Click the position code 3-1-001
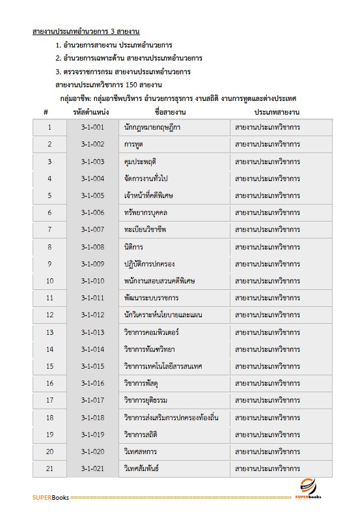pyautogui.click(x=93, y=127)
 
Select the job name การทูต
pyautogui.click(x=133, y=144)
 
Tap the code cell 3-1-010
pyautogui.click(x=93, y=281)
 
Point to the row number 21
pyautogui.click(x=49, y=468)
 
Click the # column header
pyautogui.click(x=46, y=112)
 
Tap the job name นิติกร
pyautogui.click(x=133, y=247)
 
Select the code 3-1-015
pyautogui.click(x=93, y=366)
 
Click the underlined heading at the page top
pyautogui.click(x=87, y=31)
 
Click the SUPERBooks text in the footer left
pyautogui.click(x=50, y=498)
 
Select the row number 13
pyautogui.click(x=49, y=332)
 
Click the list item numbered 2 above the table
pyautogui.click(x=128, y=58)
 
